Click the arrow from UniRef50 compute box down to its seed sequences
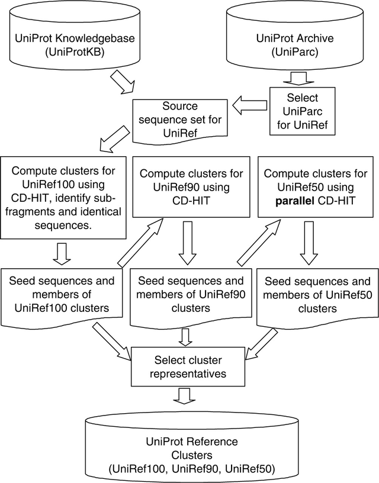(307, 243)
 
